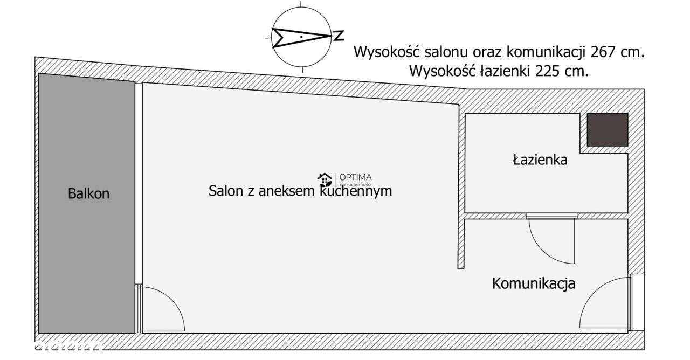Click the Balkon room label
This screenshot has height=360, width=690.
pyautogui.click(x=88, y=193)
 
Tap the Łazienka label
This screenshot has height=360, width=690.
pyautogui.click(x=540, y=160)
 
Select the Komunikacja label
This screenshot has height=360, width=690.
pyautogui.click(x=534, y=283)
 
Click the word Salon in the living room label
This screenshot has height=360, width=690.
pyautogui.click(x=224, y=191)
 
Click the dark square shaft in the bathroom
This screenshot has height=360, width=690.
pyautogui.click(x=607, y=129)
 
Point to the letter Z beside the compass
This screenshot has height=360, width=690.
pyautogui.click(x=339, y=36)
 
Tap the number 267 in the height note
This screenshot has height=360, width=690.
pyautogui.click(x=602, y=52)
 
